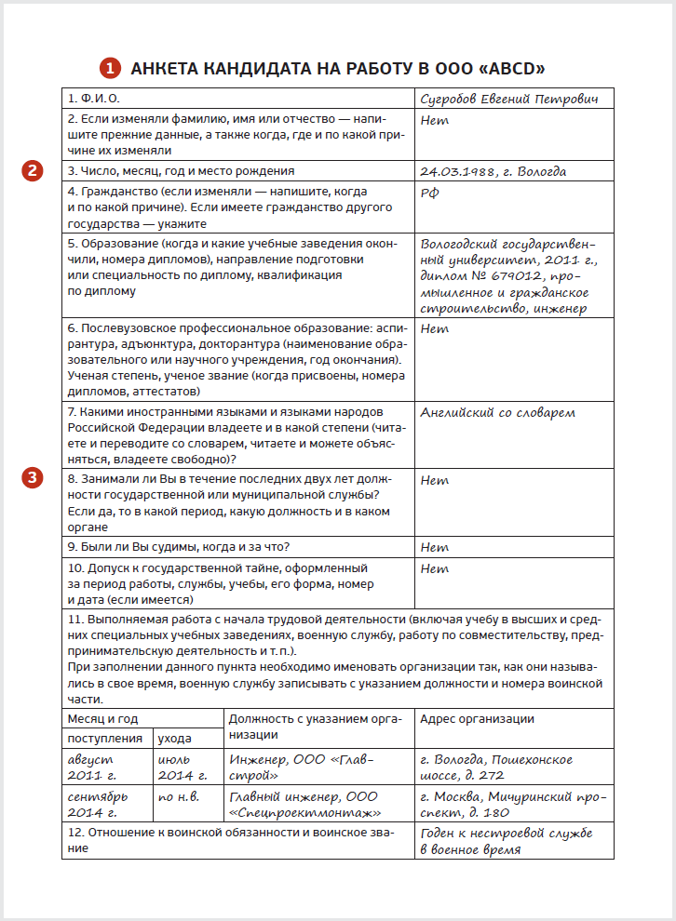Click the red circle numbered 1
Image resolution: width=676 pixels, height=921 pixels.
(110, 68)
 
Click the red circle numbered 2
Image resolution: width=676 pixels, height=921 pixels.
(34, 170)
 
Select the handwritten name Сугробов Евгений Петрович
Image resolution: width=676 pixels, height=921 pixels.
(507, 99)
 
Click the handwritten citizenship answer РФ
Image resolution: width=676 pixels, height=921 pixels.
(430, 193)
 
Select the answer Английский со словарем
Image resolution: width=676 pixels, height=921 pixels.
(497, 412)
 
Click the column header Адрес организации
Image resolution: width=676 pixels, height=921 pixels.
(476, 718)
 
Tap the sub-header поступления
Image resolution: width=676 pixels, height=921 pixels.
(103, 738)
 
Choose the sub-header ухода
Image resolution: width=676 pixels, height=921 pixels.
(174, 738)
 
